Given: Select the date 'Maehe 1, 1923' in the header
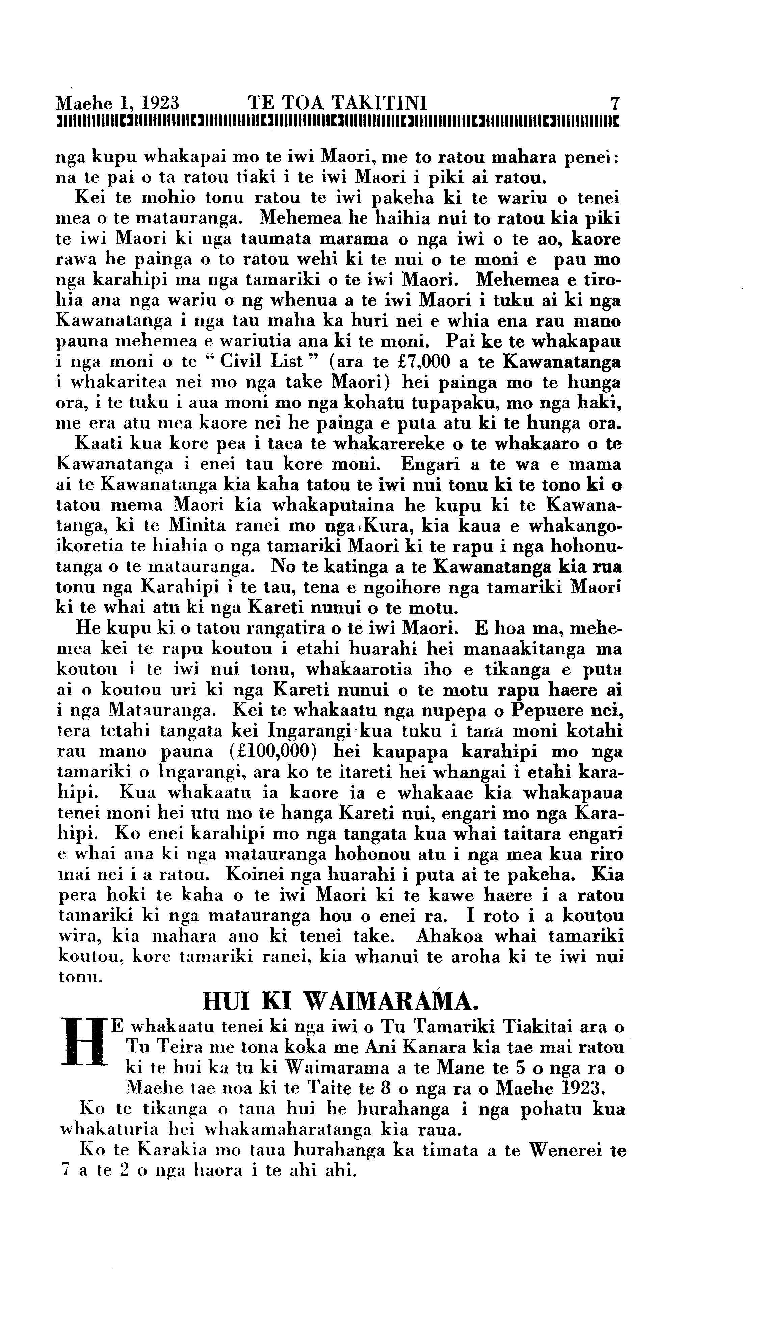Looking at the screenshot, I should click(118, 101).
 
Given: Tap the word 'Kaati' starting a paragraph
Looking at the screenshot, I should click(98, 444).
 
